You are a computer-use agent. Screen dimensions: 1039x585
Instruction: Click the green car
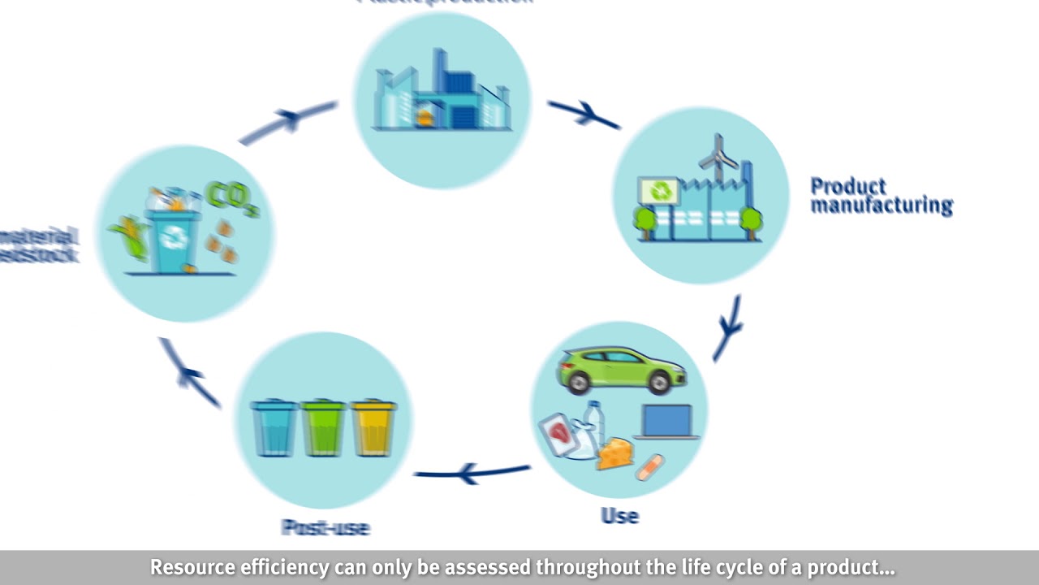621,370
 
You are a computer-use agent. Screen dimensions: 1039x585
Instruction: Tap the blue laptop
667,421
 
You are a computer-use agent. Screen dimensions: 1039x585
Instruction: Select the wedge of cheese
616,454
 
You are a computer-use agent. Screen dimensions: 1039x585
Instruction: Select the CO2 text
232,198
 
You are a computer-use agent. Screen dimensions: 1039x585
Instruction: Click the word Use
619,516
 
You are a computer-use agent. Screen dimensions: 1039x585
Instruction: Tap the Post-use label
325,527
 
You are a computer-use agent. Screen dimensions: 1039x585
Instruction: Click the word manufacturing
881,206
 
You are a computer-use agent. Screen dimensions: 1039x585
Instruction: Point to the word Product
848,187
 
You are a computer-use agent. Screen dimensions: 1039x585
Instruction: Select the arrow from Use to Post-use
472,472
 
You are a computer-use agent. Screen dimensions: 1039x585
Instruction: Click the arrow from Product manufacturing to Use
728,327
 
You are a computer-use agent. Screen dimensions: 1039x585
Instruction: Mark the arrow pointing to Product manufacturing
584,115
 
